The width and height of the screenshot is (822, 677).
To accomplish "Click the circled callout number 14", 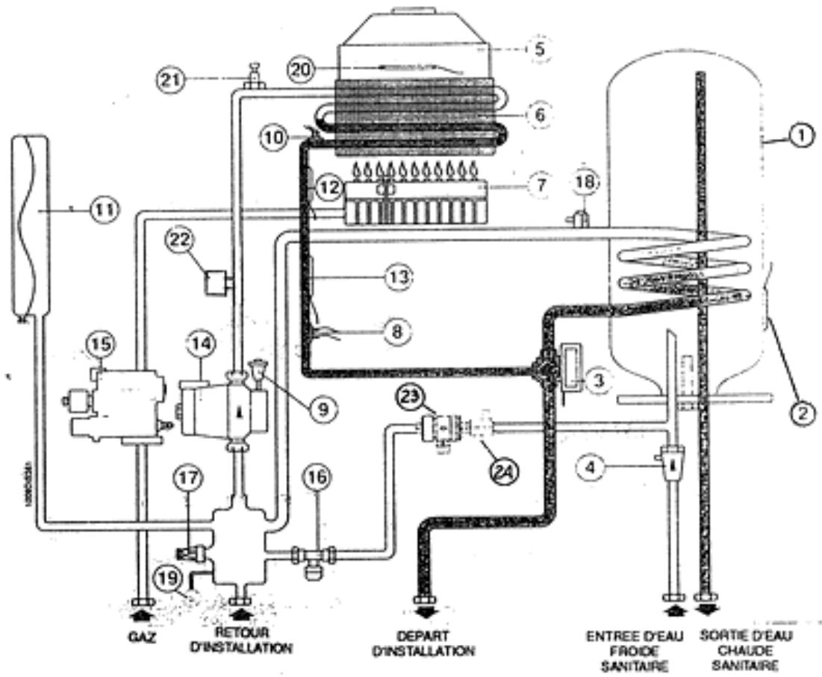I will (201, 345).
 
